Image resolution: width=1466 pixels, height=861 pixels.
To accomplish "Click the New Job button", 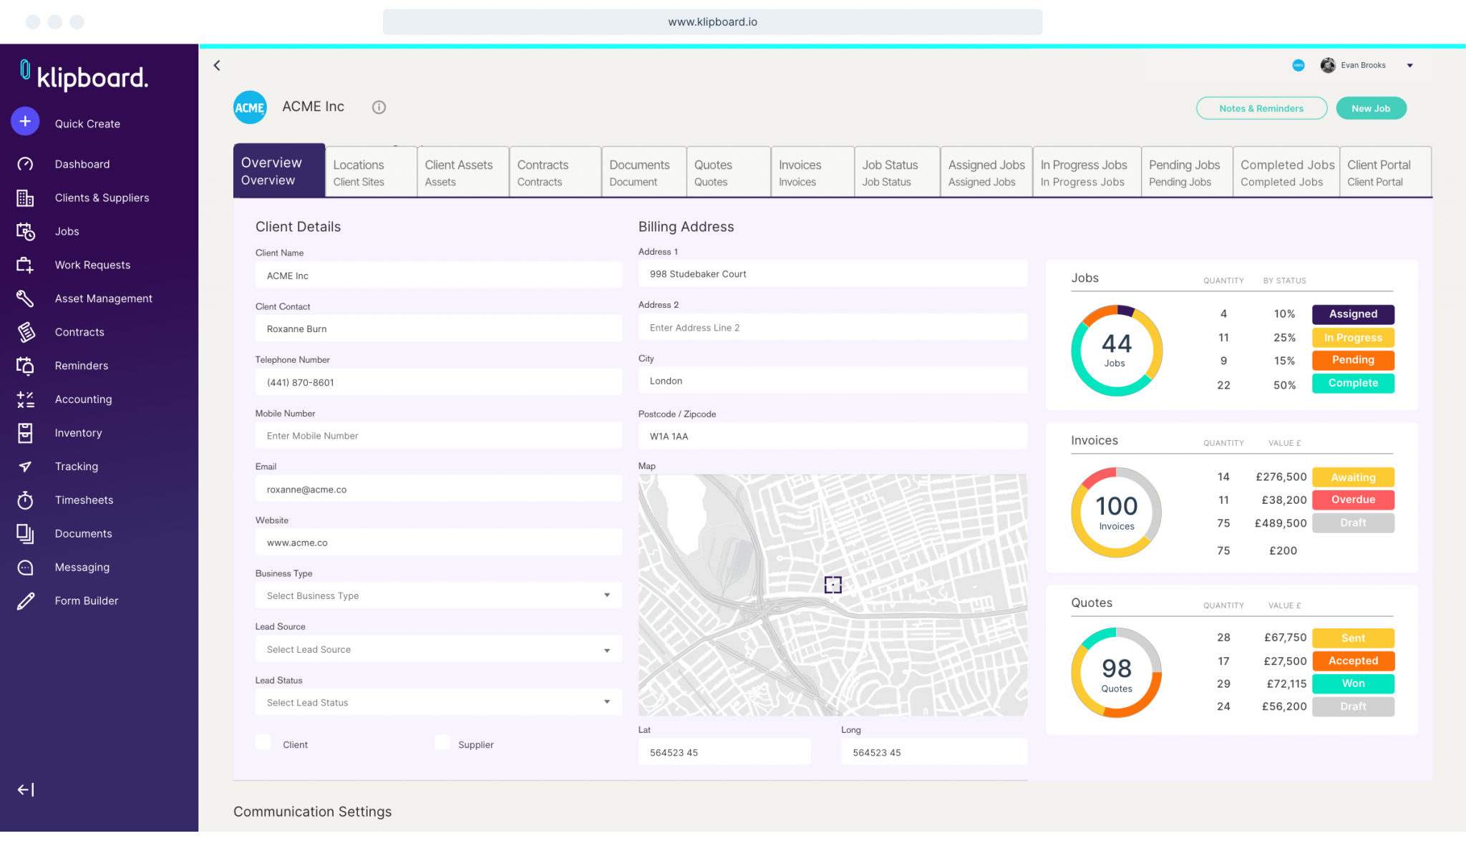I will tap(1371, 108).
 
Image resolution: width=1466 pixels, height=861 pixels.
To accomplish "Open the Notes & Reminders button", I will tap(1261, 108).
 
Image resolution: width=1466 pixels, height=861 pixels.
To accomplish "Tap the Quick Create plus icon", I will tap(25, 122).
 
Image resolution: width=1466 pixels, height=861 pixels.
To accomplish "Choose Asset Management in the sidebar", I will tap(103, 298).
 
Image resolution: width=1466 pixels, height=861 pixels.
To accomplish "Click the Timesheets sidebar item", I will tap(84, 500).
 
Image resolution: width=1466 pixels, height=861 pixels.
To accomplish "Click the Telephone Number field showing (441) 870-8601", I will tap(438, 382).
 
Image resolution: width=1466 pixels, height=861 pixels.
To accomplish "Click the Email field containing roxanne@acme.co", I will tap(438, 490).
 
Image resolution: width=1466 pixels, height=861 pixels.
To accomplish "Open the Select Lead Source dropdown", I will tap(438, 649).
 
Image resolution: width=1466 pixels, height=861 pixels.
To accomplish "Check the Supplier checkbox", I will tap(442, 743).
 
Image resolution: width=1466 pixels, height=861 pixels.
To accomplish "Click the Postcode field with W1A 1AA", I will tap(832, 436).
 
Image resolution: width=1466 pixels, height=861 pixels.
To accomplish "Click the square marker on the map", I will tap(832, 585).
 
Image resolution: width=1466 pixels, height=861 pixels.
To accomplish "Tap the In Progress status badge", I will tap(1352, 338).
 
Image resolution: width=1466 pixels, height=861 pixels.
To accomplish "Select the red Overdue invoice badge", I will tap(1352, 500).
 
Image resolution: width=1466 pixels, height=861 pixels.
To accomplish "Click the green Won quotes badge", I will tap(1352, 684).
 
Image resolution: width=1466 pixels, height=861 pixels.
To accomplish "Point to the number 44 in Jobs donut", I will tap(1116, 344).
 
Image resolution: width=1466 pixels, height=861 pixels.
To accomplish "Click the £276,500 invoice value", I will tap(1281, 477).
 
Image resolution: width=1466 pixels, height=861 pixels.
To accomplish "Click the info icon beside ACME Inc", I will tap(379, 107).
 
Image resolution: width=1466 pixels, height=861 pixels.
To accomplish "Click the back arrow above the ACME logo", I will tap(217, 66).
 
